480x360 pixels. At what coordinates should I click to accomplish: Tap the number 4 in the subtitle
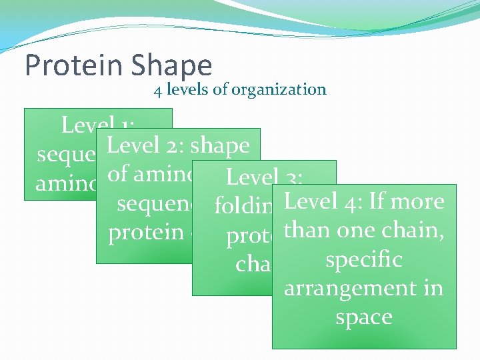158,89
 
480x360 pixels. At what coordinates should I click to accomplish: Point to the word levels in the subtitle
187,89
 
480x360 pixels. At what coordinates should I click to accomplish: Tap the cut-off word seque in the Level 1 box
65,154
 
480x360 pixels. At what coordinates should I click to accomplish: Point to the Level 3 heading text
265,177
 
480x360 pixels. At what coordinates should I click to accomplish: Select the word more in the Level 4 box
417,201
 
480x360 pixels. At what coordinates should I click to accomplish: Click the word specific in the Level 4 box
363,259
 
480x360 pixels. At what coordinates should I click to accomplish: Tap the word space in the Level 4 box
363,317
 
